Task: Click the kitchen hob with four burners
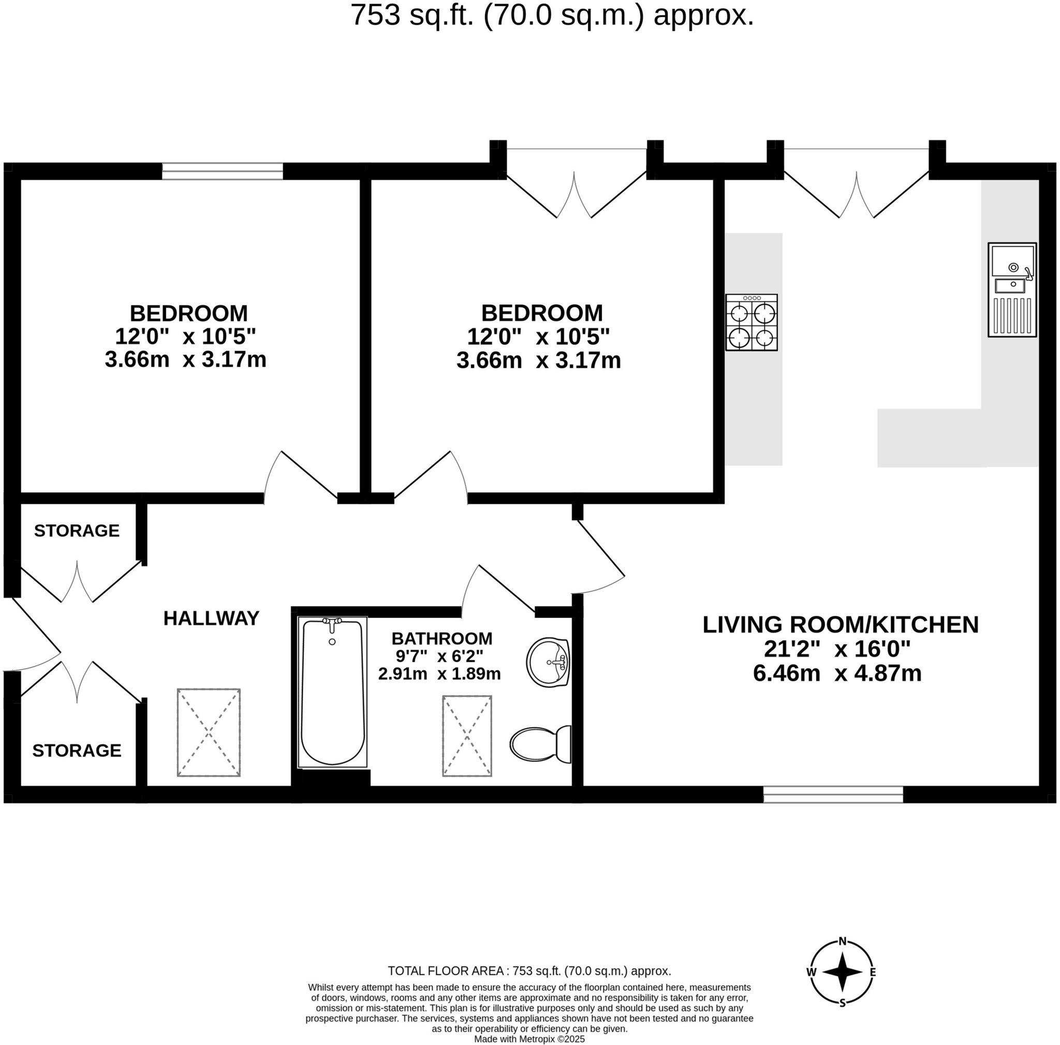coord(751,322)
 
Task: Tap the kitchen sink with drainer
coord(1012,289)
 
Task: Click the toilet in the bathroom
coord(541,744)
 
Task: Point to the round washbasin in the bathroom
coord(548,661)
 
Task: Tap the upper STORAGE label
coord(77,531)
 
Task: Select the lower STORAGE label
coord(77,750)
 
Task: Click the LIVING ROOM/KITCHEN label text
coord(840,625)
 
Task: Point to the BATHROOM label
coord(441,639)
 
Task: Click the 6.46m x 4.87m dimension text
coord(837,673)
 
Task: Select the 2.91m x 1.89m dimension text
coord(439,673)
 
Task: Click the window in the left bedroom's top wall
coord(222,171)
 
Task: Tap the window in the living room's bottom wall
coord(833,794)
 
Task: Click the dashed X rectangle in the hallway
coord(209,732)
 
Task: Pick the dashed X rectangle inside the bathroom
coord(467,736)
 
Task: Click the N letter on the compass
coord(842,942)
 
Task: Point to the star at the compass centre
coord(842,973)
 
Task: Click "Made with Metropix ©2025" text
coord(529,1039)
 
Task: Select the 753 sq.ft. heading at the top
coord(551,16)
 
